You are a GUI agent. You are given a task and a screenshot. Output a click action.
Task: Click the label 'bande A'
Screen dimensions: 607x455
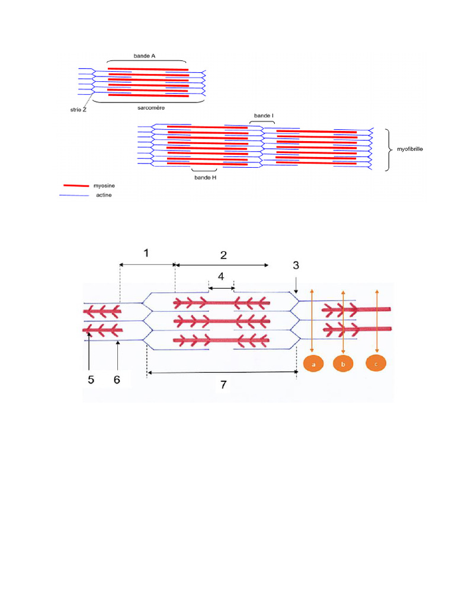[x=145, y=56]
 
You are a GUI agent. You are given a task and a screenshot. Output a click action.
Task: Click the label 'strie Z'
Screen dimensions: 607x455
[x=76, y=110]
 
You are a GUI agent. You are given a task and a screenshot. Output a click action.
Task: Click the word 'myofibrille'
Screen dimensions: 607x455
[x=409, y=150]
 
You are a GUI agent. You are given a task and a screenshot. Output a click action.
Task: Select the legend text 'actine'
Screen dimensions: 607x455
[x=104, y=195]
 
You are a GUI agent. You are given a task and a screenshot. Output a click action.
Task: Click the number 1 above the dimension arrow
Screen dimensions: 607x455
[x=146, y=253]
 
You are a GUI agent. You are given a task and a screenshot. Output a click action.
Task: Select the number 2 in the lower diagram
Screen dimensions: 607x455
[x=223, y=255]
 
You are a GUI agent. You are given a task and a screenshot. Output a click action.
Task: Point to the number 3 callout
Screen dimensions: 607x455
[x=296, y=266]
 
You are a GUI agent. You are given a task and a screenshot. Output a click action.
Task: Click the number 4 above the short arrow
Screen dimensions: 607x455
[x=221, y=277]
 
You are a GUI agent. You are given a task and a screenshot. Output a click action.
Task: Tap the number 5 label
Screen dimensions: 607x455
[x=91, y=380]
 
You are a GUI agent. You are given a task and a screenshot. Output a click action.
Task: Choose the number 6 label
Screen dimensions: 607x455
[x=117, y=380]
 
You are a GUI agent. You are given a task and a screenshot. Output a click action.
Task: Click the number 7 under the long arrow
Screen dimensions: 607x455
[x=223, y=385]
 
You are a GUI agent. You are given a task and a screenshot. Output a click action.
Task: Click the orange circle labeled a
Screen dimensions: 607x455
[x=313, y=365]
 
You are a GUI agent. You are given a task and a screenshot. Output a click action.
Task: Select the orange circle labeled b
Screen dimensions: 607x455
[x=343, y=365]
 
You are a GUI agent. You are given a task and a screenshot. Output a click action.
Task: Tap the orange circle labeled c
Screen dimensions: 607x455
[x=376, y=364]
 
